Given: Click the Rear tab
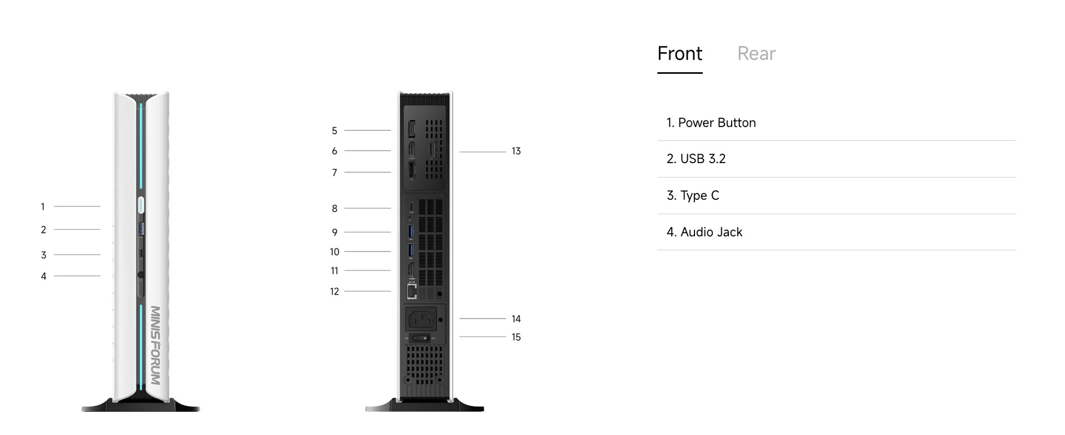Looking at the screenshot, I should tap(756, 54).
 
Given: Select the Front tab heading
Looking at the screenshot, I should tap(679, 54).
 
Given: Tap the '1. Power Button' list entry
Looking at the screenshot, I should tap(711, 123).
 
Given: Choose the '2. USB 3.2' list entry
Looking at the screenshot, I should tap(696, 159).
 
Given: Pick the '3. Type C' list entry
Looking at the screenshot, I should tap(693, 195).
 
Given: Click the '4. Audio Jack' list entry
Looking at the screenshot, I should tap(704, 232).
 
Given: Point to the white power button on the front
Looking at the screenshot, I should tap(140, 205).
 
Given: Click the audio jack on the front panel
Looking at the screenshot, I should tap(140, 275).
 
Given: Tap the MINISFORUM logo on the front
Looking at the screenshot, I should tap(155, 345).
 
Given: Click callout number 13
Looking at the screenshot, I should tap(516, 151).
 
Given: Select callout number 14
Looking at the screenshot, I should tap(516, 319).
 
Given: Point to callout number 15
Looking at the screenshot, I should tap(516, 337).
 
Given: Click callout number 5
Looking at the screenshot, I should tap(334, 131).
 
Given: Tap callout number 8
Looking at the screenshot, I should tap(334, 209).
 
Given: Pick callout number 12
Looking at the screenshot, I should tap(334, 292).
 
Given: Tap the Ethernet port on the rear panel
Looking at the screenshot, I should tap(412, 291).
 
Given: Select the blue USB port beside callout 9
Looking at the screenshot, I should tap(411, 231).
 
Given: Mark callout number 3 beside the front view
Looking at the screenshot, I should tap(43, 255).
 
